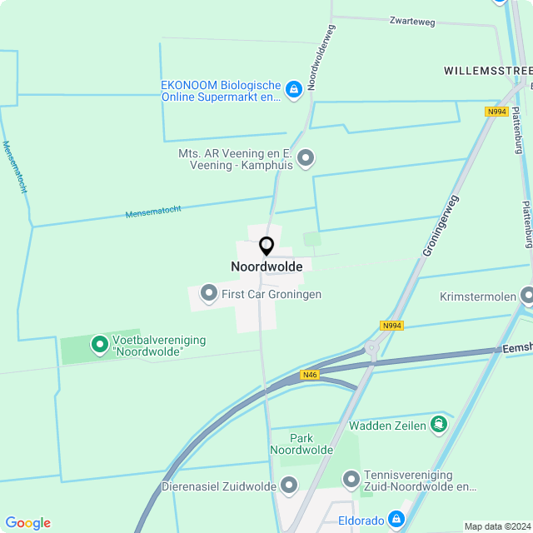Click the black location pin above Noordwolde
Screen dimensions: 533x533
[x=266, y=247]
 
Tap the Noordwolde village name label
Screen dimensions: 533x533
[x=266, y=266]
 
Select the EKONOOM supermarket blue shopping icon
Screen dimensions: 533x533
[x=293, y=89]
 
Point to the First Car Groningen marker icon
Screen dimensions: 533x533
[x=207, y=293]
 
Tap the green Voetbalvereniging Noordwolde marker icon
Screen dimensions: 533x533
[x=100, y=342]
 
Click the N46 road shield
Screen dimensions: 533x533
[x=310, y=375]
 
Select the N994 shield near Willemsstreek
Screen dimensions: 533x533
[x=496, y=111]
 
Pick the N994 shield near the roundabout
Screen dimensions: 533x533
[x=391, y=326]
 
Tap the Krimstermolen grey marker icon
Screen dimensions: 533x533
[x=527, y=296]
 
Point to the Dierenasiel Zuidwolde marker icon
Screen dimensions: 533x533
[x=289, y=485]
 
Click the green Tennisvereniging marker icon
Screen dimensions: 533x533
[x=351, y=479]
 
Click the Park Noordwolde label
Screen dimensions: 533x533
[x=301, y=444]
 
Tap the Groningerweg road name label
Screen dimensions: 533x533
[x=441, y=226]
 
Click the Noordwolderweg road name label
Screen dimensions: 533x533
[x=321, y=57]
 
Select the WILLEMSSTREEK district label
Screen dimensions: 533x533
[x=488, y=71]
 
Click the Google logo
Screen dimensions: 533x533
[x=27, y=522]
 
